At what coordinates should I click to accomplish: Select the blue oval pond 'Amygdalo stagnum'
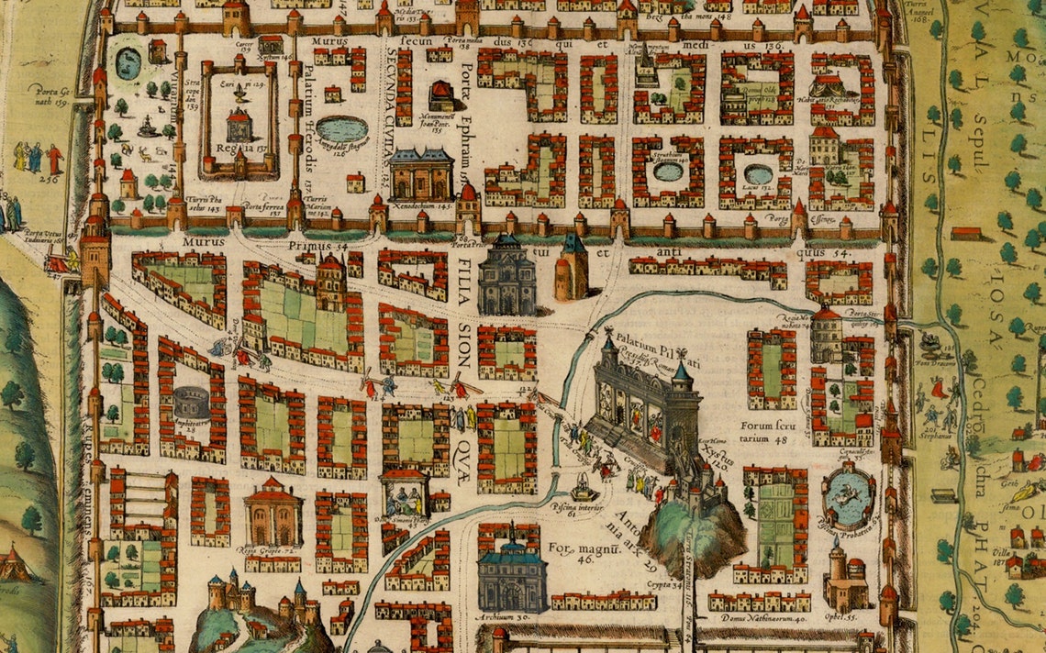click(x=342, y=128)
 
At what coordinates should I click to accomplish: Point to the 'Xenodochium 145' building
click(x=421, y=173)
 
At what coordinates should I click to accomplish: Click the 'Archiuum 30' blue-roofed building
click(x=512, y=576)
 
